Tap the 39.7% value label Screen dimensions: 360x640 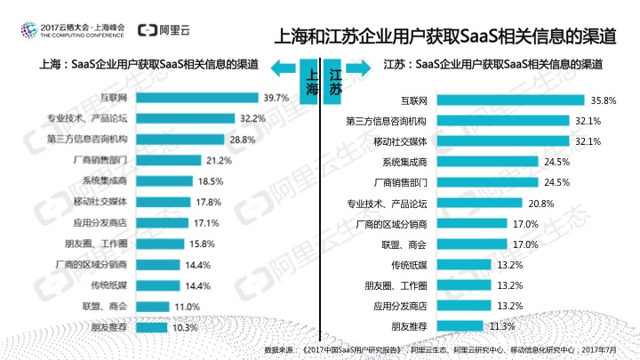276,98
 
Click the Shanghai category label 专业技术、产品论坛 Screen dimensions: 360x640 87,118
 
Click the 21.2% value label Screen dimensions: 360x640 219,160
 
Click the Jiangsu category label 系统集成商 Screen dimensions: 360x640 404,162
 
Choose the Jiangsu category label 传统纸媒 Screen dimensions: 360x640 409,265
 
